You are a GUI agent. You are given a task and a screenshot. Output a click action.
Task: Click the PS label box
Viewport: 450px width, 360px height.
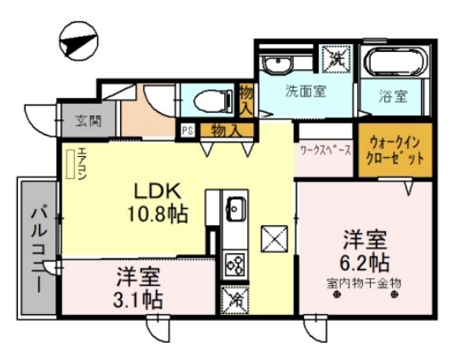[x=187, y=131]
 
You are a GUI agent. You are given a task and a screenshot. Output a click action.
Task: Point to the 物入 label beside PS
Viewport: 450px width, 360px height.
[x=224, y=131]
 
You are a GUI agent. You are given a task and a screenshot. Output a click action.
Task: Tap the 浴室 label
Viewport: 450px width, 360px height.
[x=393, y=96]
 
